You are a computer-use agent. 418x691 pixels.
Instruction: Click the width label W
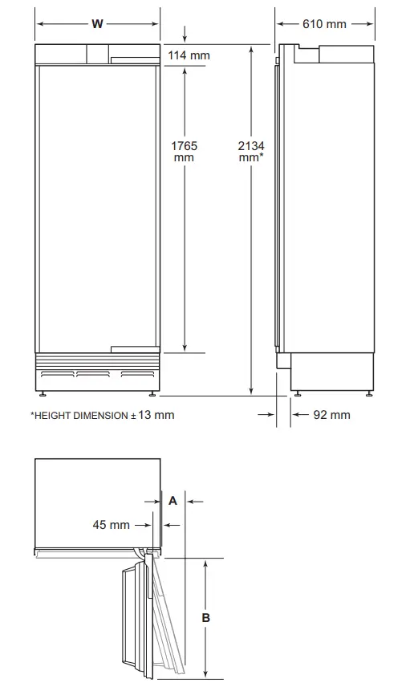click(x=97, y=24)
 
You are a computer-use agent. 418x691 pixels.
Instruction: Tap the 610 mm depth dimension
click(x=324, y=24)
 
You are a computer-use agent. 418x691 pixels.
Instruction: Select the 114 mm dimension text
click(x=189, y=55)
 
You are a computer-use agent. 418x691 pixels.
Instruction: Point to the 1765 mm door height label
click(x=184, y=152)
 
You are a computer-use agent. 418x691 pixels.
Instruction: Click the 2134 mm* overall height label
click(x=251, y=152)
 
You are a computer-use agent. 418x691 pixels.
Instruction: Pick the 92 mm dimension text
click(x=331, y=415)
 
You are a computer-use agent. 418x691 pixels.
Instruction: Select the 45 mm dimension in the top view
click(x=111, y=525)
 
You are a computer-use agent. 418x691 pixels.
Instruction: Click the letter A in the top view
click(x=172, y=500)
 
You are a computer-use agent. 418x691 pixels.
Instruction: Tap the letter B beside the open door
click(x=206, y=617)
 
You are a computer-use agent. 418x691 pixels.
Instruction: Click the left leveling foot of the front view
click(x=43, y=393)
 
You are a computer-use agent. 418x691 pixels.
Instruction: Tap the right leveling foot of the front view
click(x=151, y=393)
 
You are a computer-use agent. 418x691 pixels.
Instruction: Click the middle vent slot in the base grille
click(x=93, y=374)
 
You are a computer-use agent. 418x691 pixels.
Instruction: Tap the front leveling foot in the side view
click(x=298, y=392)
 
